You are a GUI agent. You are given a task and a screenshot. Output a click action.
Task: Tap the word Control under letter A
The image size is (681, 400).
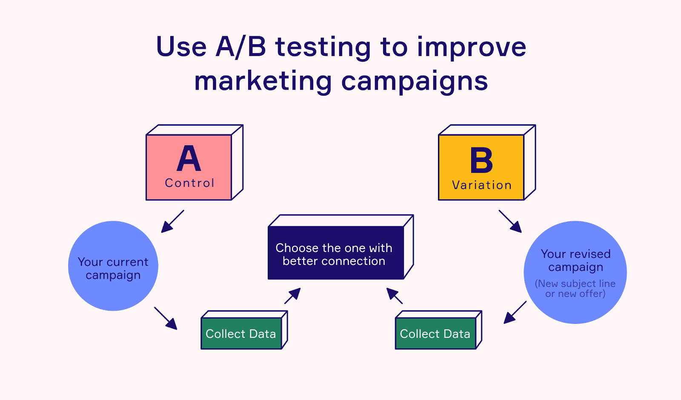[x=189, y=183]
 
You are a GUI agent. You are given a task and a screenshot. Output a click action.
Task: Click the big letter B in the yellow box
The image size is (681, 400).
[x=481, y=160]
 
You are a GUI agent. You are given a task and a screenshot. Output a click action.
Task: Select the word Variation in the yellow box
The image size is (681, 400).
[x=482, y=185]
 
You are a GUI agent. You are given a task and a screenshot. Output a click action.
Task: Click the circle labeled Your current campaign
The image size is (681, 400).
[x=113, y=266]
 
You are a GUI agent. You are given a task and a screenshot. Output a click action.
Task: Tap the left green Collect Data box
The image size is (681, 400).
[x=241, y=334]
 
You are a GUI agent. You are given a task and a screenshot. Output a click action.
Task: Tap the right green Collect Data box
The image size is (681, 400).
[x=435, y=334]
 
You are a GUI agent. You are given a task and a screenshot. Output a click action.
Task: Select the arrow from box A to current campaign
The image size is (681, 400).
[x=172, y=221]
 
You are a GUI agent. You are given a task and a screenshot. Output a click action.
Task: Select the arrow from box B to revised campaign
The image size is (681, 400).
[x=510, y=221]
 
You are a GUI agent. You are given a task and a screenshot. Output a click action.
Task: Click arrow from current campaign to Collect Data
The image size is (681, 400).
[x=166, y=318]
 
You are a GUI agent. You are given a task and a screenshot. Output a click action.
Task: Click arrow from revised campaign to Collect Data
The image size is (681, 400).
[x=515, y=312]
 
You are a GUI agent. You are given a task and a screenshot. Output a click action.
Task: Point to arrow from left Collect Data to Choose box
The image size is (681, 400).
[x=293, y=295]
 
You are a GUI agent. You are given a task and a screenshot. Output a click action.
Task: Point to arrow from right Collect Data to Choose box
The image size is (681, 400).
[x=394, y=295]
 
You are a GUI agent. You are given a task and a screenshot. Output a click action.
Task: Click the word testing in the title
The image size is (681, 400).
[x=323, y=47]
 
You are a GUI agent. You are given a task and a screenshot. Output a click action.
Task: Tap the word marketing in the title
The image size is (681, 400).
[x=263, y=81]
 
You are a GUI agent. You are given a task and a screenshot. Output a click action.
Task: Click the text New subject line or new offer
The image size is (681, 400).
[x=575, y=289]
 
